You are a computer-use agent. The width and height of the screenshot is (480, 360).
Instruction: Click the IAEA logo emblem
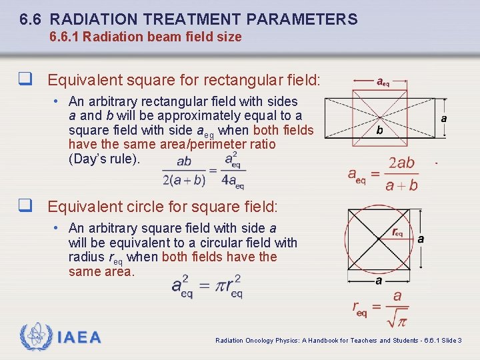pyautogui.click(x=36, y=337)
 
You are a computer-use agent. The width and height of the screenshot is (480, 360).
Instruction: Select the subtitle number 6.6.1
pyautogui.click(x=65, y=37)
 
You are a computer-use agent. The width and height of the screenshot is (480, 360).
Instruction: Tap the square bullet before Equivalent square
pyautogui.click(x=26, y=81)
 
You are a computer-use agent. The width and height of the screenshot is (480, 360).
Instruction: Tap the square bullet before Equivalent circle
pyautogui.click(x=26, y=207)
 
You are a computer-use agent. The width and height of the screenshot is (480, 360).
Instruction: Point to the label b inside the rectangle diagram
pyautogui.click(x=379, y=131)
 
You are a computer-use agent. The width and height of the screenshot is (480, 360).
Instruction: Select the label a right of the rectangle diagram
pyautogui.click(x=444, y=118)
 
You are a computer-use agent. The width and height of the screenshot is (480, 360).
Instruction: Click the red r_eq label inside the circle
pyautogui.click(x=397, y=233)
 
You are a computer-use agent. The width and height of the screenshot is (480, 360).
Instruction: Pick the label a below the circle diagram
pyautogui.click(x=379, y=281)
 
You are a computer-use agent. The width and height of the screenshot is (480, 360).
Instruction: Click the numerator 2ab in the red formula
pyautogui.click(x=401, y=163)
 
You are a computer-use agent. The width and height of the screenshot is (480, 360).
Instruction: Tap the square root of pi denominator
pyautogui.click(x=397, y=320)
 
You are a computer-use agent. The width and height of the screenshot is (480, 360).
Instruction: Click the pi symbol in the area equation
pyautogui.click(x=206, y=286)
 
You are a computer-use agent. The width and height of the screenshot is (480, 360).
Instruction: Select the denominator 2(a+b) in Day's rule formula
pyautogui.click(x=184, y=179)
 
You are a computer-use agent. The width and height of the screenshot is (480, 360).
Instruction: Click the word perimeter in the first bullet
pyautogui.click(x=221, y=144)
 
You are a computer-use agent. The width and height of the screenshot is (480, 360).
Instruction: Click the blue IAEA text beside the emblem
pyautogui.click(x=79, y=337)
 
